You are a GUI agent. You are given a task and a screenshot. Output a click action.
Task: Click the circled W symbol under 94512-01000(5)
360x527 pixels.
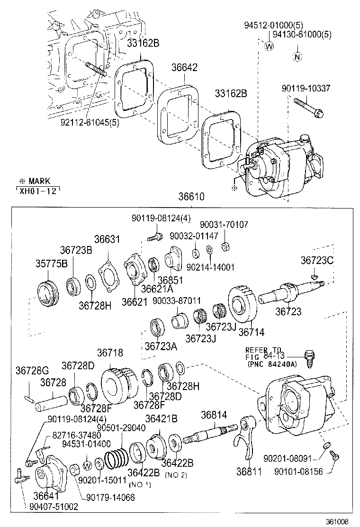[269, 46]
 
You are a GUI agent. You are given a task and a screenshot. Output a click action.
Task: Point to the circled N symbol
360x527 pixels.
[297, 58]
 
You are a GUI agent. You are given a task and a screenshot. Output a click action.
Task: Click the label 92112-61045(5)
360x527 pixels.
[90, 122]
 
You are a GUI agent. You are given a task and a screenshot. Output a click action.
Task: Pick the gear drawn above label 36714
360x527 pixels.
[243, 304]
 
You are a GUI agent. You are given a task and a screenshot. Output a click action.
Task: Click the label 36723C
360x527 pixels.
[317, 260]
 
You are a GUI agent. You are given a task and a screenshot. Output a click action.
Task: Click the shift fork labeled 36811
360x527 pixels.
[245, 436]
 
